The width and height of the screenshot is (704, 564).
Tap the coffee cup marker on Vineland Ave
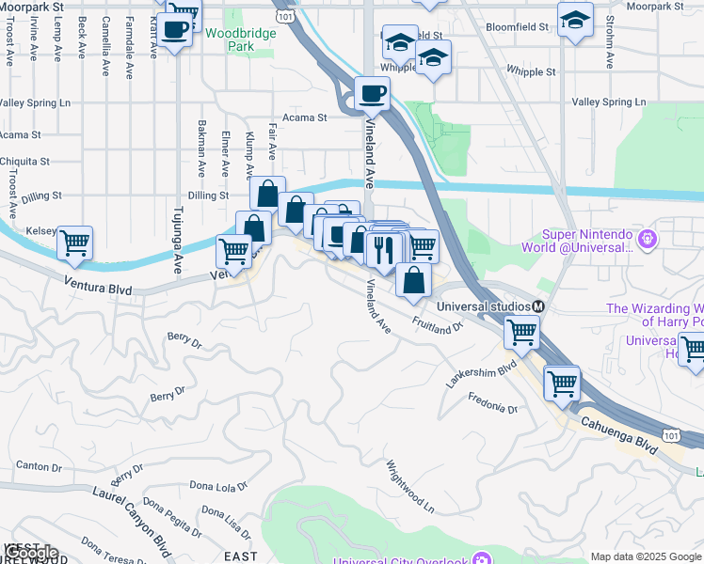click(372, 93)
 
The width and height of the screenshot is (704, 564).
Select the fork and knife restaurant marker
click(383, 250)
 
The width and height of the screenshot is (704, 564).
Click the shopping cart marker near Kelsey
click(74, 242)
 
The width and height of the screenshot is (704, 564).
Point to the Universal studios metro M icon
click(539, 306)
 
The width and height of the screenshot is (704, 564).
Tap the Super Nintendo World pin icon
click(646, 240)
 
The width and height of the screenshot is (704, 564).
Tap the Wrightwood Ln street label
click(410, 486)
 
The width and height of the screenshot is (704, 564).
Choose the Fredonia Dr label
click(493, 402)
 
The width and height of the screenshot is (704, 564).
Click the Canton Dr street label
click(39, 465)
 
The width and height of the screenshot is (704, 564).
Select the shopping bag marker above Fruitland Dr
click(413, 279)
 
